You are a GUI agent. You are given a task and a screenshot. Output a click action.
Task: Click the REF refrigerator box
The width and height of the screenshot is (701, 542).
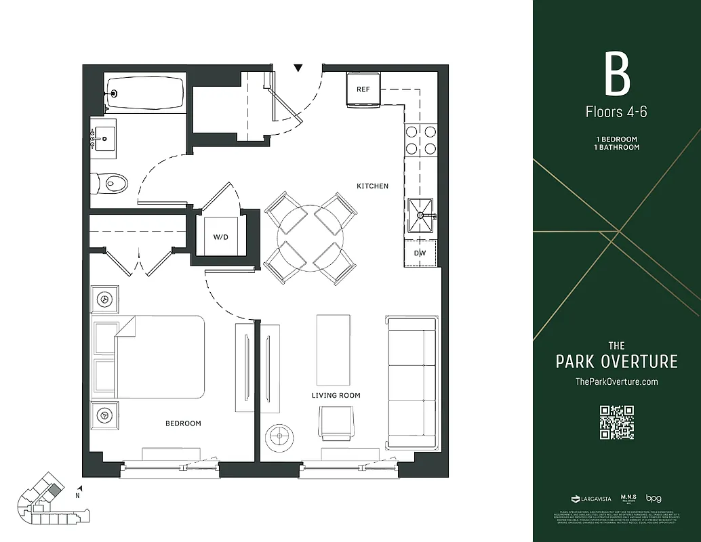[363, 89]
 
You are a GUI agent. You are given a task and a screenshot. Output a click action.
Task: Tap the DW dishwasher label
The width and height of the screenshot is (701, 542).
[420, 253]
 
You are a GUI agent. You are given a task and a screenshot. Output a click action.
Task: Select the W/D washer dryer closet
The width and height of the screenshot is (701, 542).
[220, 237]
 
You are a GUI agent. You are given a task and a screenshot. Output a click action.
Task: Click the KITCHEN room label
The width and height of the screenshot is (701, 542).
[373, 186]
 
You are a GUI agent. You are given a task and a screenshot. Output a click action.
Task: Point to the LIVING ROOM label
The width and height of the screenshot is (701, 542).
[336, 395]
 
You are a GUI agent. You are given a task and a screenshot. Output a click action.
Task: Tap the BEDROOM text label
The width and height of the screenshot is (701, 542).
[183, 423]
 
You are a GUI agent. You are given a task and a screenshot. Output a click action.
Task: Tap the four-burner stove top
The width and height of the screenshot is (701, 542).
[420, 140]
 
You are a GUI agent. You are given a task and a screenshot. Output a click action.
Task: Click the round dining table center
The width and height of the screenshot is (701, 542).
[310, 238]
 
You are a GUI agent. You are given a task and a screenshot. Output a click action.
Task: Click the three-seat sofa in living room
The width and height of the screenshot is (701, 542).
[411, 381]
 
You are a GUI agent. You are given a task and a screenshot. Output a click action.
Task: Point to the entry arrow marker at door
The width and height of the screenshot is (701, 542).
[298, 68]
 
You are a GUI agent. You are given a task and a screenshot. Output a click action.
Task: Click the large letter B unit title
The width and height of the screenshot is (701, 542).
[617, 75]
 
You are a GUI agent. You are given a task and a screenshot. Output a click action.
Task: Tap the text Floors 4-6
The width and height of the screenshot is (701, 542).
[616, 112]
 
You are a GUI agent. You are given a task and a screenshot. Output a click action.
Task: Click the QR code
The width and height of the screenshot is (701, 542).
[616, 422]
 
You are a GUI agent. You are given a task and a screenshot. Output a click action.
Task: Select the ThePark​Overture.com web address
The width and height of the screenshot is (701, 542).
[616, 381]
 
